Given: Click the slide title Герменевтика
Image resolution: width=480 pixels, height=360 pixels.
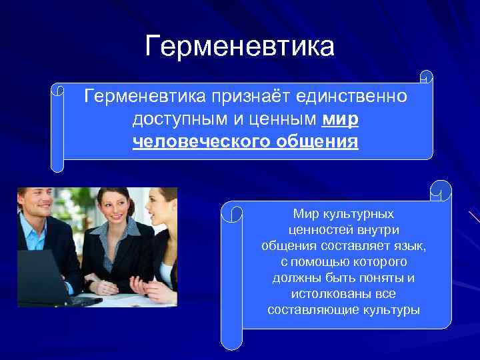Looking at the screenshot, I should coord(240,47).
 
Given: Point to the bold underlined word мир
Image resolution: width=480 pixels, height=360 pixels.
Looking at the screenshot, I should coord(339,120).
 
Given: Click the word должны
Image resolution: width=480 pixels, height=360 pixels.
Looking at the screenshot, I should coord(296,278).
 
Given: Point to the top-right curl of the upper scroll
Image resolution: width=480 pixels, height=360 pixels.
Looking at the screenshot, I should coord(427,77).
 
